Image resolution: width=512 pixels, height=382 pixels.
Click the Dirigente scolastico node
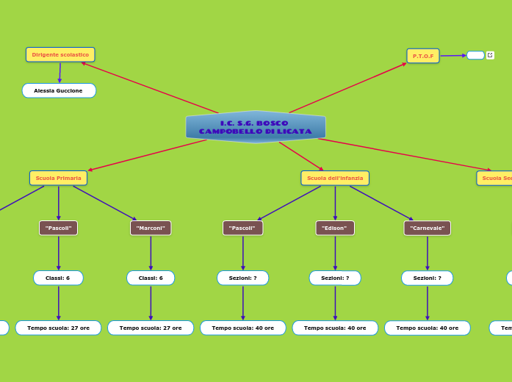60,54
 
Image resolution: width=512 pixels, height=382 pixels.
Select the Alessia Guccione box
59,90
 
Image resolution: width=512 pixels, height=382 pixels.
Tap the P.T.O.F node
423,56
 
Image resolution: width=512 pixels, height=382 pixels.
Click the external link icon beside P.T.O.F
490,55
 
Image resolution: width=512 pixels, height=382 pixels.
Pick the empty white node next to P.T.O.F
475,55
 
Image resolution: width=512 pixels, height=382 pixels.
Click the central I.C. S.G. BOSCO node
256,127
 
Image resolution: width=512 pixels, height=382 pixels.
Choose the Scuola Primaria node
58,178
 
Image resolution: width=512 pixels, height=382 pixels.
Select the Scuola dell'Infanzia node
335,178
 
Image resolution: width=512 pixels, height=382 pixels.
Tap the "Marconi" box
151,228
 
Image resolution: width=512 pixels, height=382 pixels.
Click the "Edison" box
335,228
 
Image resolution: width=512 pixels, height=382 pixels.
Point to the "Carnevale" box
427,228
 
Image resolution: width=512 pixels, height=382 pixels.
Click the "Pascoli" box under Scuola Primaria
58,228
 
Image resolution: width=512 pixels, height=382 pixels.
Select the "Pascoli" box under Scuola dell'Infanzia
242,228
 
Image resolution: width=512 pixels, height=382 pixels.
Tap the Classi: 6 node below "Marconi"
151,278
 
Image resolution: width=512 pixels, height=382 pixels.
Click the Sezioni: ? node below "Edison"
335,278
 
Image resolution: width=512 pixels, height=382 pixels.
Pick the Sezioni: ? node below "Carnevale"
427,278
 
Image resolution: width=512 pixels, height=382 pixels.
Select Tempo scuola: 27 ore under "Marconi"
151,328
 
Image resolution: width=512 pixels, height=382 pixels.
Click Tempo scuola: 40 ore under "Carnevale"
427,328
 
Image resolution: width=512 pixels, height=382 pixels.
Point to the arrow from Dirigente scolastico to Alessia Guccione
60,73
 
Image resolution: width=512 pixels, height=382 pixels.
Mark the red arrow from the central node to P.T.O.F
347,87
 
